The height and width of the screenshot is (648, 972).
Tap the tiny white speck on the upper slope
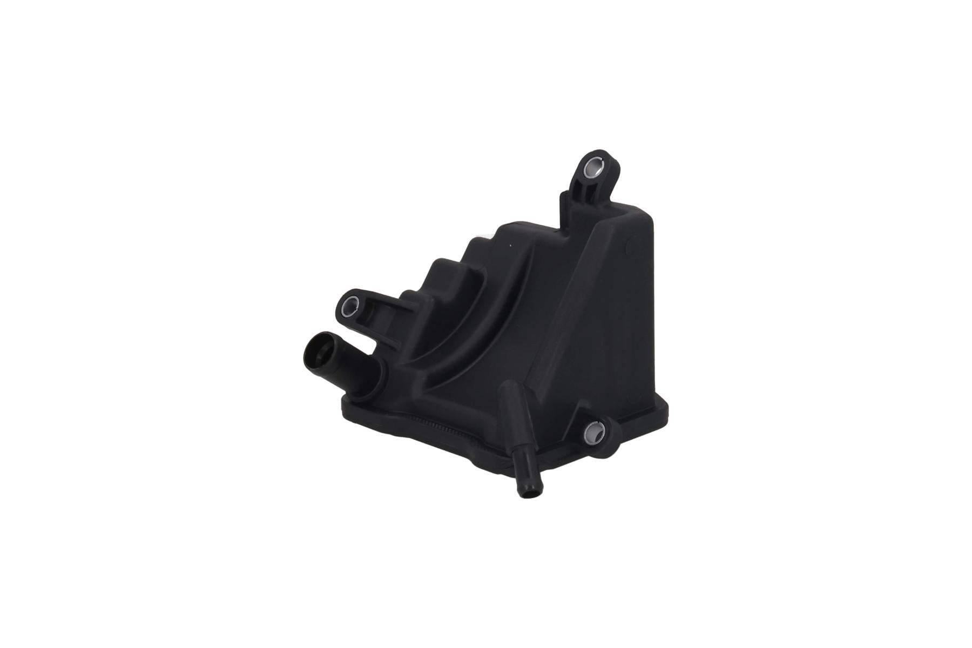[x=510, y=246]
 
